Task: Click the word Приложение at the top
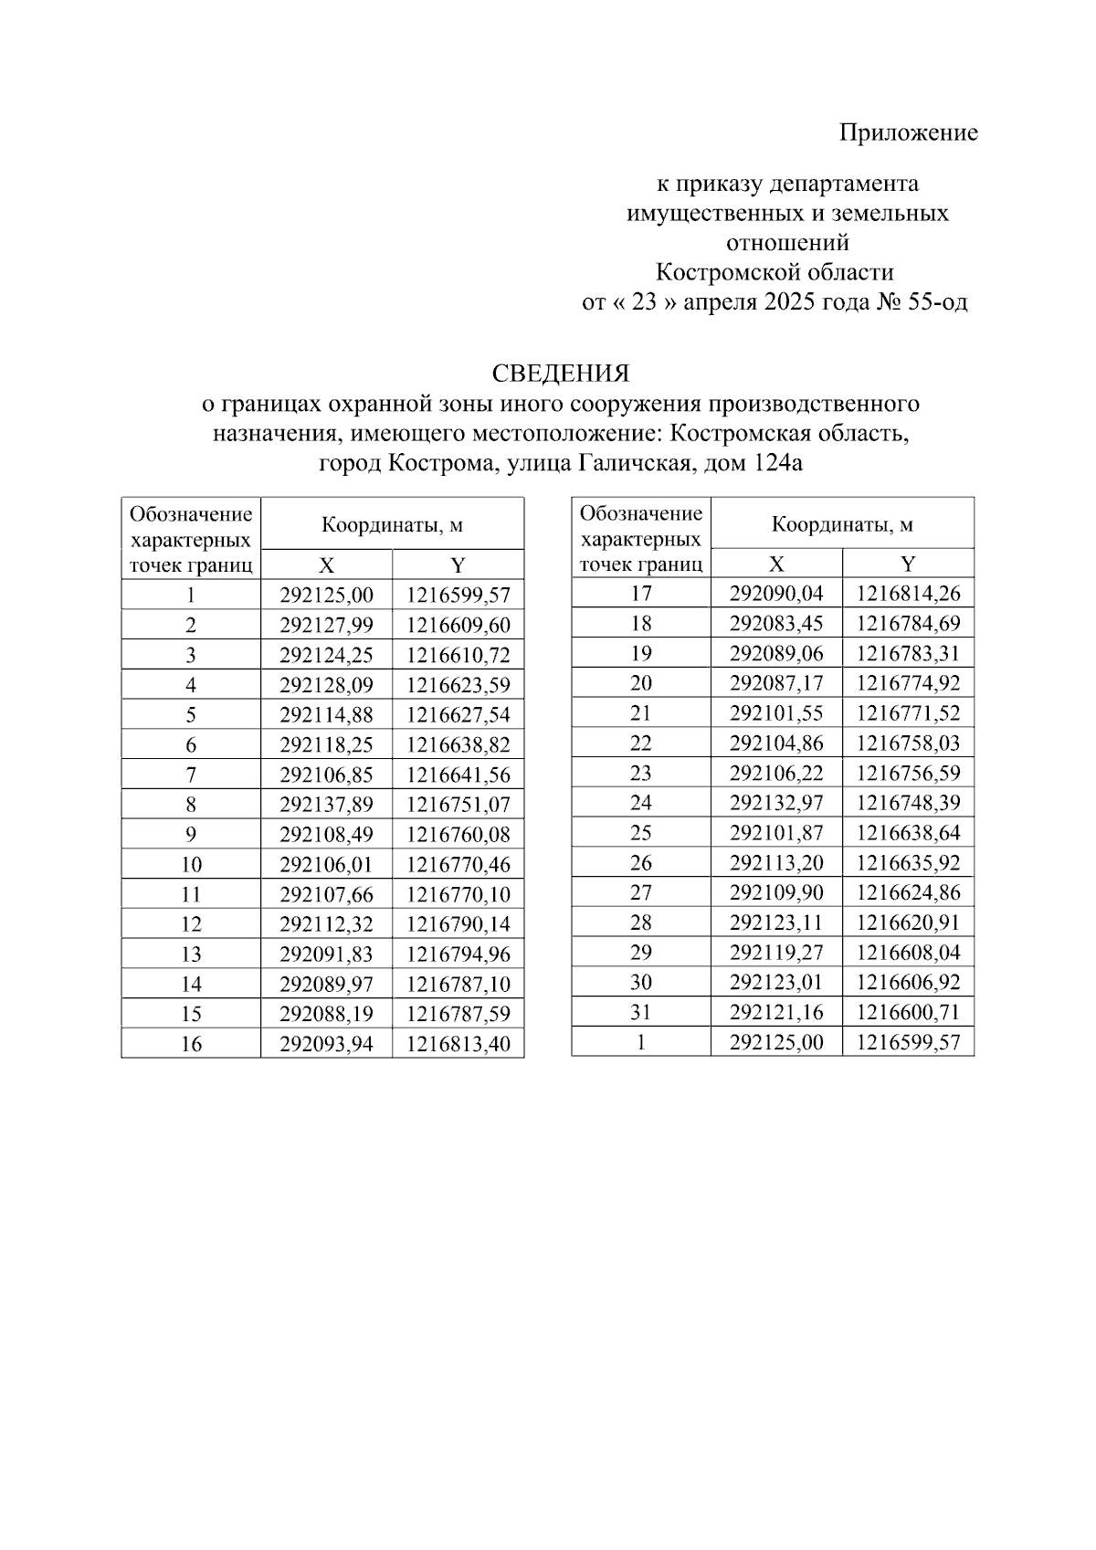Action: (x=908, y=133)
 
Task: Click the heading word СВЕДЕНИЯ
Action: (x=560, y=374)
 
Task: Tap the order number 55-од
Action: (x=937, y=302)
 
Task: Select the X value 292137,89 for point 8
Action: (x=326, y=805)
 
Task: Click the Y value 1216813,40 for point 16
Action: (x=458, y=1044)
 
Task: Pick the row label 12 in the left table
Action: (x=191, y=924)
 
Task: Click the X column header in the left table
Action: (x=326, y=564)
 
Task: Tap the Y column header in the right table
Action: (x=908, y=564)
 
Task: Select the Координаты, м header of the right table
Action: (x=842, y=524)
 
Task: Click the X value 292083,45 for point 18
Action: (x=776, y=624)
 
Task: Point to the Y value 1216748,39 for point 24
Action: (x=908, y=803)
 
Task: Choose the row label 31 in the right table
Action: (x=641, y=1012)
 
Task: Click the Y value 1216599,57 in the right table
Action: (x=908, y=1042)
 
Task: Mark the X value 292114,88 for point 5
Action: (x=326, y=715)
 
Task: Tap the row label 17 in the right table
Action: (x=641, y=594)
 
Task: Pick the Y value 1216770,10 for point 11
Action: (x=458, y=894)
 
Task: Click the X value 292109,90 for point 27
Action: (x=776, y=892)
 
